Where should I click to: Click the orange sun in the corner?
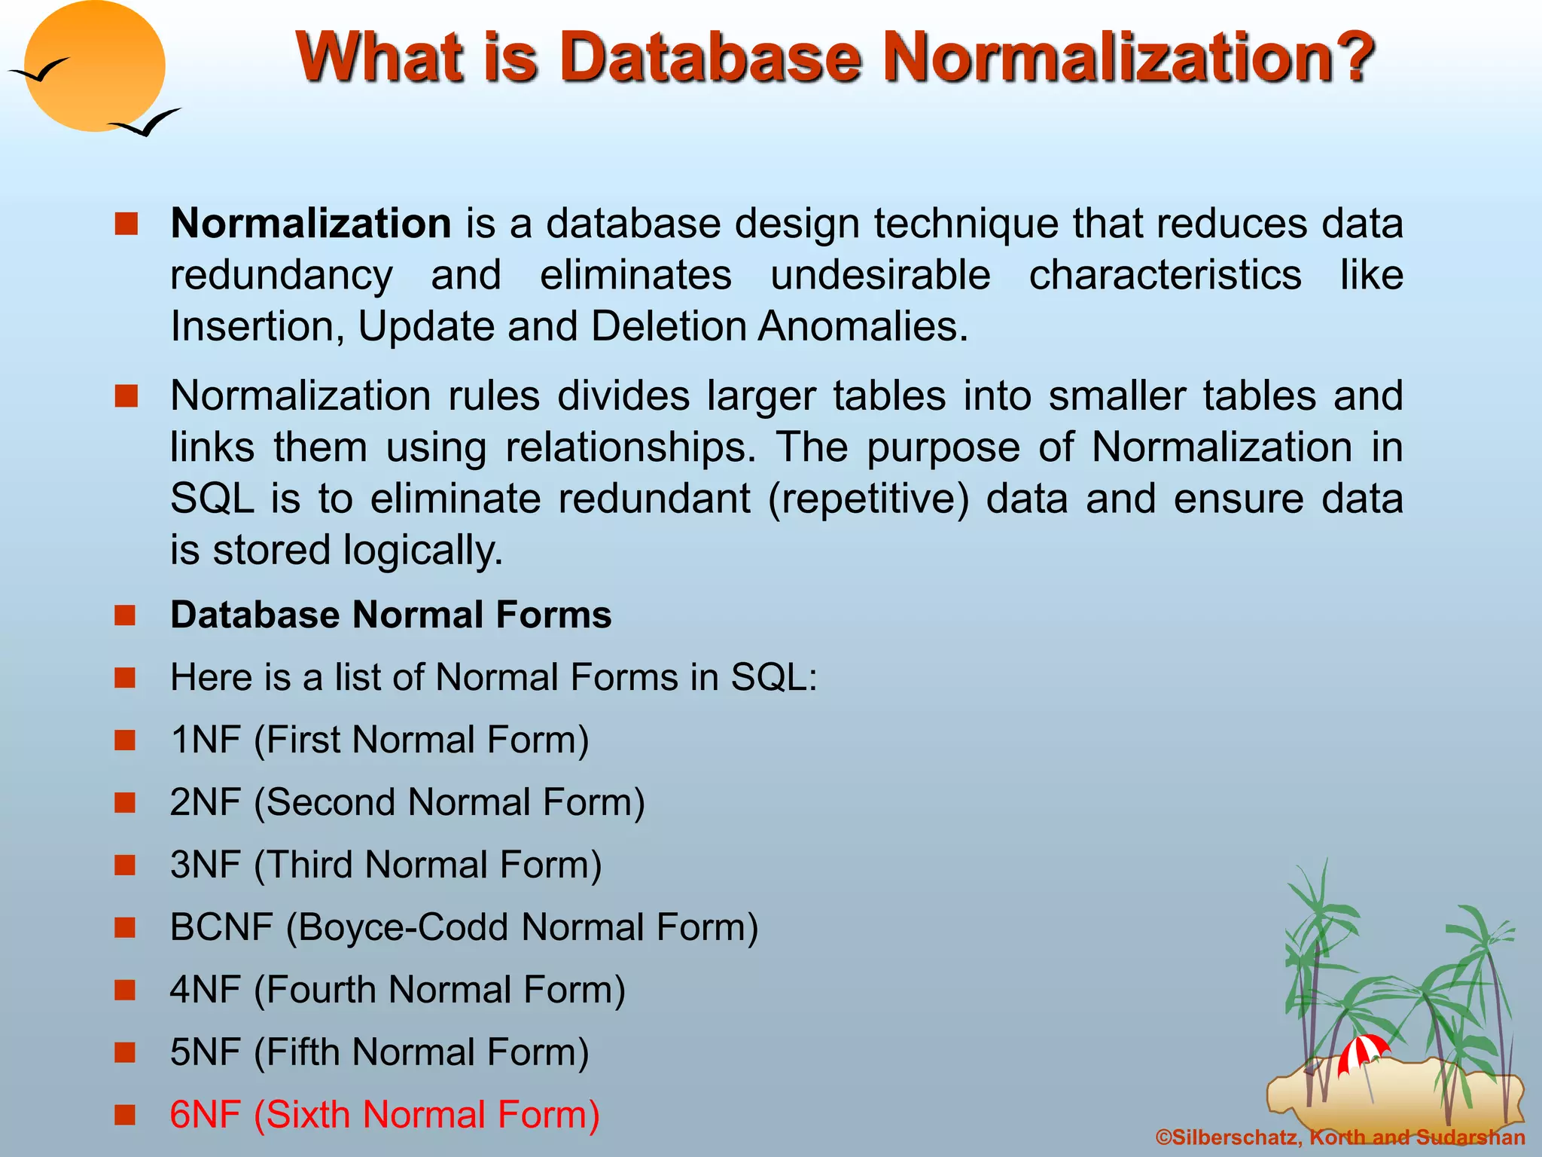tap(94, 66)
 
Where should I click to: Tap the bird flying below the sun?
tap(145, 123)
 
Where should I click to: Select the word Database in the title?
tap(710, 57)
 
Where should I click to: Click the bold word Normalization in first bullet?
tap(310, 224)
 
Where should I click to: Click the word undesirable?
tap(880, 275)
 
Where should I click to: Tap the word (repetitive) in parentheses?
tap(868, 499)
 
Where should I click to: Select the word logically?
tap(422, 551)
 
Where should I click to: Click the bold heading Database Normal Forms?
tap(391, 615)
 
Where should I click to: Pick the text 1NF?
tap(205, 740)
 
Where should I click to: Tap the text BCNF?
tap(221, 927)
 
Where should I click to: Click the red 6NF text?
tap(205, 1115)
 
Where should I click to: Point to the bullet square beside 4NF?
tap(125, 990)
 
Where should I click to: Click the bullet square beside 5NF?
tap(125, 1052)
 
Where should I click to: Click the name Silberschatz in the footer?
tap(1235, 1137)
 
